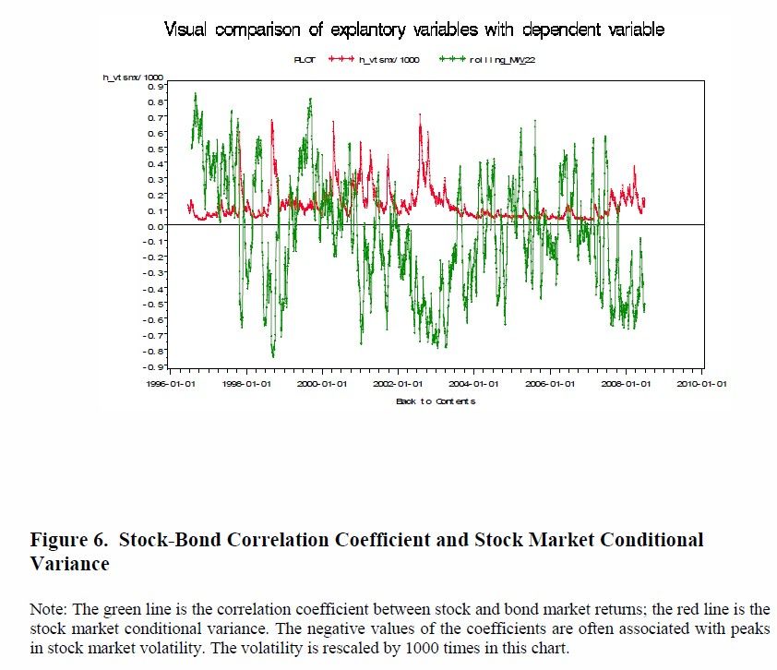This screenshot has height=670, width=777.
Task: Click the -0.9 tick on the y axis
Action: click(157, 366)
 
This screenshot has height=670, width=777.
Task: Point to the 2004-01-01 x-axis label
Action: click(473, 384)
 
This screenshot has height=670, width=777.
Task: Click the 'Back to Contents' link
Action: click(435, 401)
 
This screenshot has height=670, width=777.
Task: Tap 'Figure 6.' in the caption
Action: click(66, 540)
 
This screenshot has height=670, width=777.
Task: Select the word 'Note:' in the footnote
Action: click(48, 610)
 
